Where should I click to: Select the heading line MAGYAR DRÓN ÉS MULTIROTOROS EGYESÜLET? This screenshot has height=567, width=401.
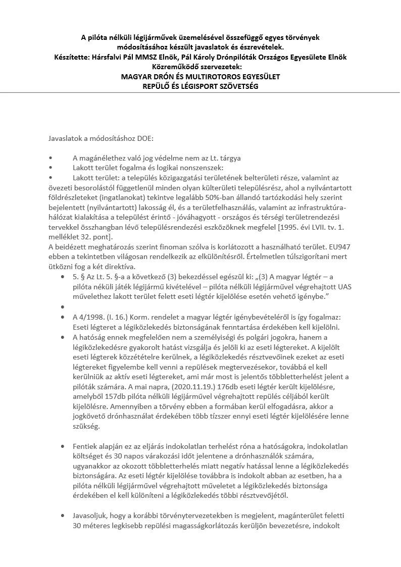[x=200, y=76]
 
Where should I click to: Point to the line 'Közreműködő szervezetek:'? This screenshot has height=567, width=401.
[x=200, y=67]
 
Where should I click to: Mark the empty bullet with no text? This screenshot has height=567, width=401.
[x=62, y=307]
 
